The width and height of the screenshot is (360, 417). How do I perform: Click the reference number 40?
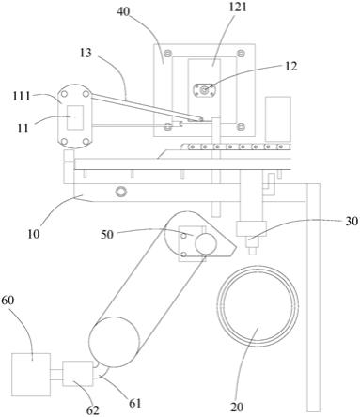[x=123, y=11]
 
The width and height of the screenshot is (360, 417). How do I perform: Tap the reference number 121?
[x=238, y=8]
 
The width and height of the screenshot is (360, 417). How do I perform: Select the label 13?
[x=86, y=53]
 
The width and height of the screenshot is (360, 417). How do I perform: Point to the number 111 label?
[x=22, y=96]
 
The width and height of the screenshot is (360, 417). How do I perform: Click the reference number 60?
[x=8, y=300]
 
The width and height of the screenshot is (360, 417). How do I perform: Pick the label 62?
[x=93, y=410]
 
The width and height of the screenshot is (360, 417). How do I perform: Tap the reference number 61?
[x=135, y=403]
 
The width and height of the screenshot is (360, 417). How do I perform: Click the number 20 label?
[x=237, y=407]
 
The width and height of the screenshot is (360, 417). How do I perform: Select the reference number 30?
[x=352, y=221]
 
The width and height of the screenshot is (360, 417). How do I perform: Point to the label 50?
[x=107, y=235]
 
